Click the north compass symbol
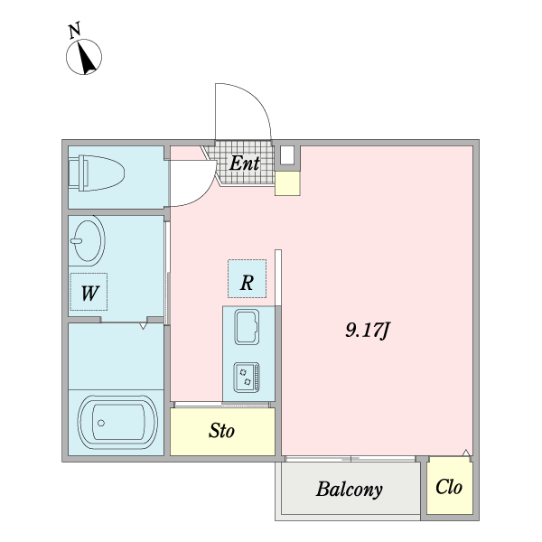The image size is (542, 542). [84, 57]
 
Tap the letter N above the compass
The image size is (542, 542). [74, 30]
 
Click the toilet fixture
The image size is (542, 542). [97, 173]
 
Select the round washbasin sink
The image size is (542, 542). [88, 240]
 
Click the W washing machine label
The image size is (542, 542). [89, 293]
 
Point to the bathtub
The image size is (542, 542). [117, 423]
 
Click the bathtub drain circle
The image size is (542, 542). [101, 423]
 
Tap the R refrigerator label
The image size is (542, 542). [247, 283]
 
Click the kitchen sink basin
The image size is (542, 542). [247, 327]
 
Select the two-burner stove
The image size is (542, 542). [247, 377]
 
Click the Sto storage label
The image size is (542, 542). [221, 431]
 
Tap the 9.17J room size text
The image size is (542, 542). [368, 330]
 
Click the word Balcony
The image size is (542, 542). [349, 489]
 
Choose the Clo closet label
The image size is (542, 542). [449, 487]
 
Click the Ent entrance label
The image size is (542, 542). [245, 164]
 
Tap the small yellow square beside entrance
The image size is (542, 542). [287, 183]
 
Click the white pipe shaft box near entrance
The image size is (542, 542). [287, 155]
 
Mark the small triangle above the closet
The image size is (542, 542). [466, 453]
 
